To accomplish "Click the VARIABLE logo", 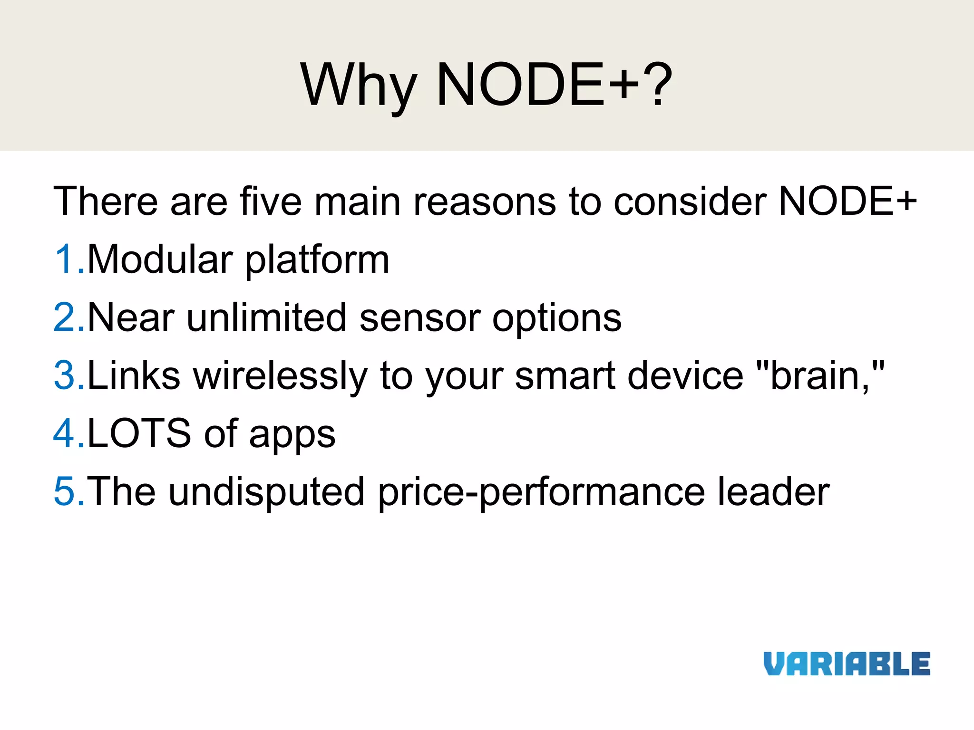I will click(847, 664).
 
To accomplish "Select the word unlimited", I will click(266, 317).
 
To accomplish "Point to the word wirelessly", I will click(281, 375).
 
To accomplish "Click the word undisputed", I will click(266, 492).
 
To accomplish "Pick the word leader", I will click(773, 491).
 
